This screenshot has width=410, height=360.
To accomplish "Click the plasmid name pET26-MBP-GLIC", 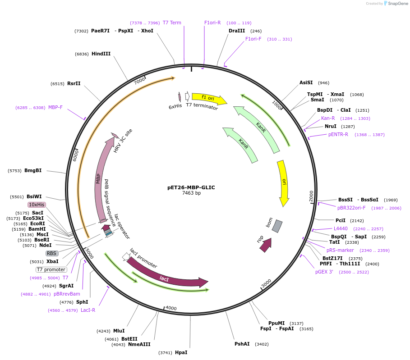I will coord(191,187).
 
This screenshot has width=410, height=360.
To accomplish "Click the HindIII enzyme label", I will coord(101,54).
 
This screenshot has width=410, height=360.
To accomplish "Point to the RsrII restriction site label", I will coord(74,83).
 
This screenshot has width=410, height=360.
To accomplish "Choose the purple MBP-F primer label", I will coord(55,108).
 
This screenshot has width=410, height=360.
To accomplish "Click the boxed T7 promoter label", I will coord(51,270).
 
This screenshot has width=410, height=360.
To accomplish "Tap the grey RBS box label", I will coord(52,253).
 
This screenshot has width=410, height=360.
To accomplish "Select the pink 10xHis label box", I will coord(37,205).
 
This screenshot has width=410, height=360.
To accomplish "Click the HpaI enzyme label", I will coord(181,352).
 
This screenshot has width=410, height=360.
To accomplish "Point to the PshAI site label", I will coord(242,344).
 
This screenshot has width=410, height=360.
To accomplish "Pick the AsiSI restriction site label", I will coord(306,83).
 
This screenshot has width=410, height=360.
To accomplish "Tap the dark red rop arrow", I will coord(266,244).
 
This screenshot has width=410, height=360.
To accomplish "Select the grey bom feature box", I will coord(277,226).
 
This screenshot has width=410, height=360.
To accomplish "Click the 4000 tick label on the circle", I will coord(171,308).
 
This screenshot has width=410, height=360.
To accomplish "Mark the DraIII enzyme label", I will coord(237,31).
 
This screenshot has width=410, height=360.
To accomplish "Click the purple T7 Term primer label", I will coord(172,23).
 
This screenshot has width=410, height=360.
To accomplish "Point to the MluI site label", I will coord(119,331).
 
